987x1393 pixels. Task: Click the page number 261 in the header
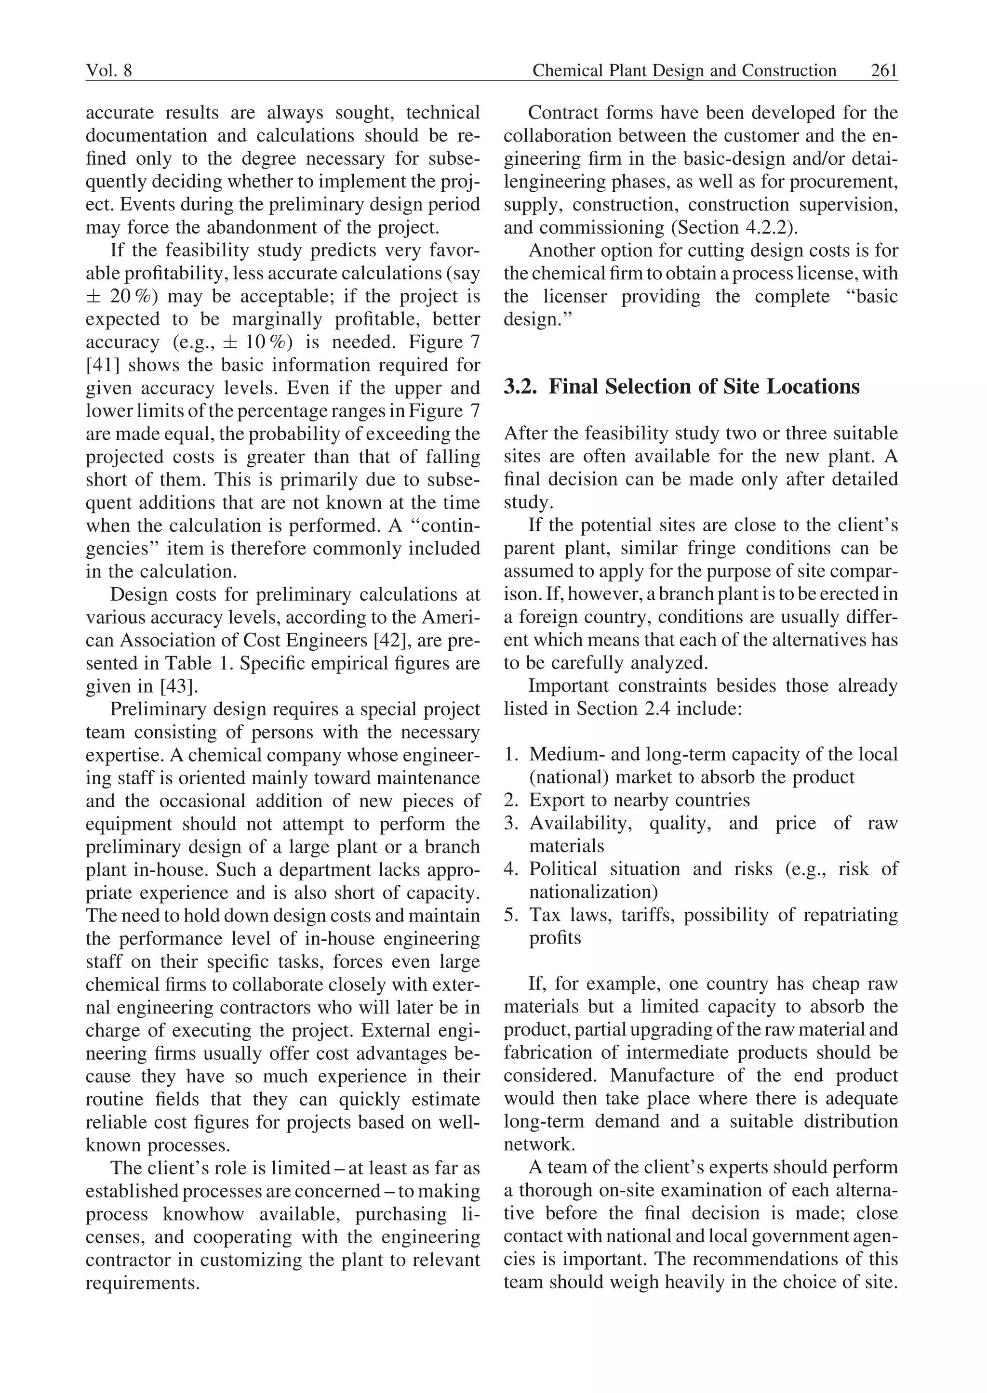tap(884, 71)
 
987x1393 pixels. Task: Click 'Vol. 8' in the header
tap(109, 71)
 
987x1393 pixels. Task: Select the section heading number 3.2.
tap(521, 387)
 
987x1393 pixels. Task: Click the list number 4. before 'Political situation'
tap(510, 869)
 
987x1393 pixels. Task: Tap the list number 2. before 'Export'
tap(510, 800)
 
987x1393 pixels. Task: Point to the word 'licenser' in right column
tap(574, 296)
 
